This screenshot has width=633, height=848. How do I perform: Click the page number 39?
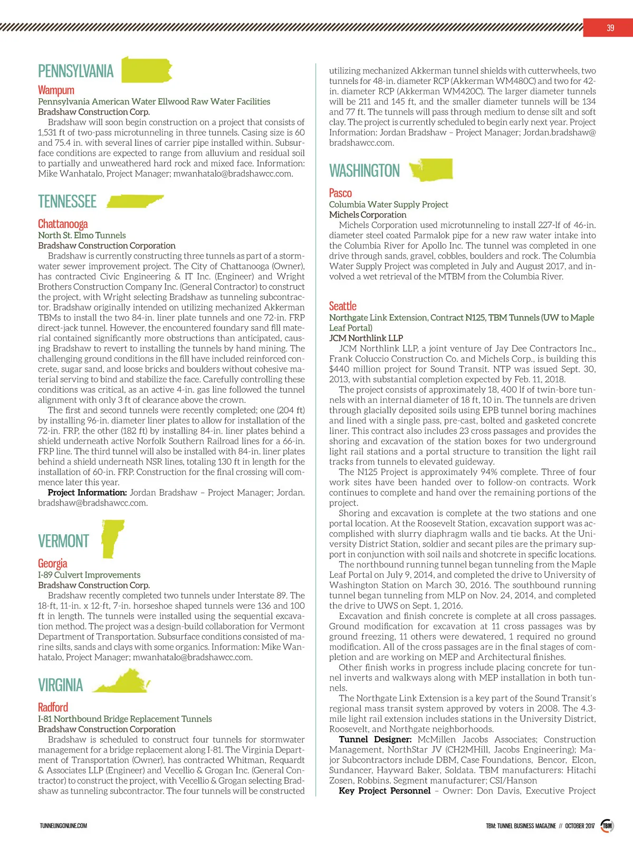610,28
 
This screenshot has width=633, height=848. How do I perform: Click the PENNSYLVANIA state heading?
75,71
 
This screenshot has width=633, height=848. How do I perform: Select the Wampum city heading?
56,90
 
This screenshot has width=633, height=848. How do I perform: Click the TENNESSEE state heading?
67,202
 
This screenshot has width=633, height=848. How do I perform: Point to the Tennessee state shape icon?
135,201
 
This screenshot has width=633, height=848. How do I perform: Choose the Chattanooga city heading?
63,224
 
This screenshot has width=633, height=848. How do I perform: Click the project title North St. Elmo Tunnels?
82,235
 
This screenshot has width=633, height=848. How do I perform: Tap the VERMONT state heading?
63,541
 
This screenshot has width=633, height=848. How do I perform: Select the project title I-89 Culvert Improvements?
89,575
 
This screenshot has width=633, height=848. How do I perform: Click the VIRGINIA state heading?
60,685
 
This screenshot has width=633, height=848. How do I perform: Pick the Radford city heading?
53,707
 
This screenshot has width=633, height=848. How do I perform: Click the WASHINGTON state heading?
364,171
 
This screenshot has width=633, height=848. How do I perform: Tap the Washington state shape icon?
431,169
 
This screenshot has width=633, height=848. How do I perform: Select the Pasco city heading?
340,193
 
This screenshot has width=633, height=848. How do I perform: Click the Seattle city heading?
342,306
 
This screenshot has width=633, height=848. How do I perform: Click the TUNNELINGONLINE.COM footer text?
63,826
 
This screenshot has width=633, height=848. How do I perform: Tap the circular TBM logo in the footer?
607,825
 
